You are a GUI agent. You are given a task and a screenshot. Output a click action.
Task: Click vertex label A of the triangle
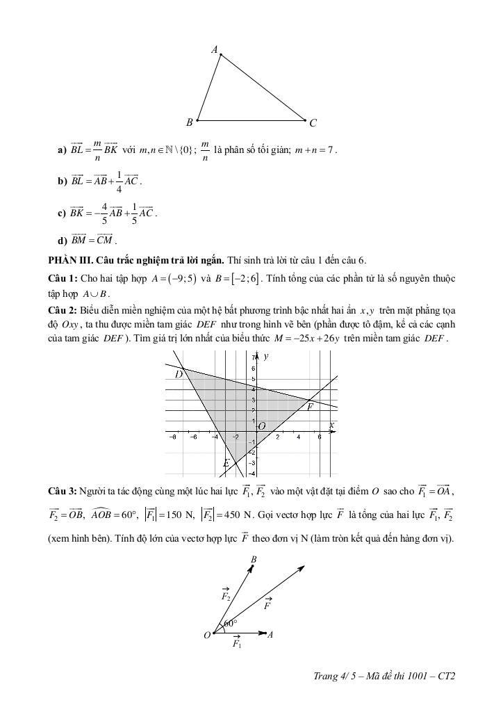[x=215, y=49]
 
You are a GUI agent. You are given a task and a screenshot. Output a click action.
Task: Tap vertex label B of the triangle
[x=189, y=122]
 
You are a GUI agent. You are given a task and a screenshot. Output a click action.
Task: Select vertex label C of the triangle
[x=313, y=123]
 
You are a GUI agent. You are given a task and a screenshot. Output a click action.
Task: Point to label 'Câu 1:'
[x=63, y=278]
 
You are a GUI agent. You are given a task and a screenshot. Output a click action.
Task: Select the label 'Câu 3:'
[x=63, y=492]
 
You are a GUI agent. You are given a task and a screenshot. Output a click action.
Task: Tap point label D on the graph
[x=178, y=374]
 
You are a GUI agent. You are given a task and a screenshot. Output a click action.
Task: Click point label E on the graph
[x=226, y=463]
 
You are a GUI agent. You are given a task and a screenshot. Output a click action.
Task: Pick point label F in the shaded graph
[x=310, y=407]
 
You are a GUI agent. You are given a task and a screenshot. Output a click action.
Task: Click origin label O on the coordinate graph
[x=262, y=426]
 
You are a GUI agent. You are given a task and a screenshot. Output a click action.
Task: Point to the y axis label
[x=266, y=357]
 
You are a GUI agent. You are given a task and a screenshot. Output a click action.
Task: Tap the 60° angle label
[x=231, y=623]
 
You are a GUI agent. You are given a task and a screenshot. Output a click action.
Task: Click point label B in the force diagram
[x=254, y=559]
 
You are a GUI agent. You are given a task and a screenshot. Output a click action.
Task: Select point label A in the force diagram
[x=270, y=634]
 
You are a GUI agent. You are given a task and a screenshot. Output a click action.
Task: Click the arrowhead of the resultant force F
[x=302, y=567]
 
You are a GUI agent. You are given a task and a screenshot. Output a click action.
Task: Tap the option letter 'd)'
[x=63, y=241]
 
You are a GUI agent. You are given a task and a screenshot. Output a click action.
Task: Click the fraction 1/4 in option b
[x=119, y=181]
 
